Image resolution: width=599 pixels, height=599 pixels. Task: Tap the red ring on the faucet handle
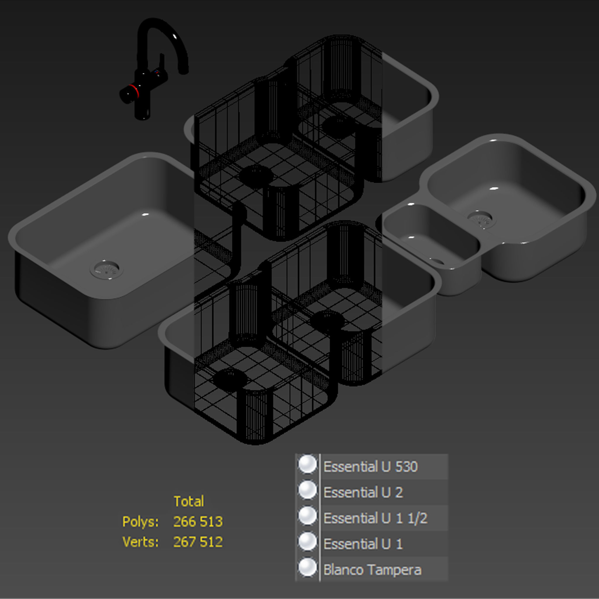click(134, 89)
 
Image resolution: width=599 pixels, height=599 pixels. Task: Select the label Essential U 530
click(371, 467)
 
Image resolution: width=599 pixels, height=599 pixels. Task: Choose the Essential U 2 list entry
click(363, 492)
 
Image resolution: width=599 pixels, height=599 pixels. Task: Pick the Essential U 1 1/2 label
click(375, 518)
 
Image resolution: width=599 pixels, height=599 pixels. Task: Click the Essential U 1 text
click(363, 544)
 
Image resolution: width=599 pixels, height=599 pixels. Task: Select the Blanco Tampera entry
click(372, 570)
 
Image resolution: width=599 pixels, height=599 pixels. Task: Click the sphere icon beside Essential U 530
click(307, 464)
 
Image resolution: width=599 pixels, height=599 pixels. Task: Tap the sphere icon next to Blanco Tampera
click(307, 568)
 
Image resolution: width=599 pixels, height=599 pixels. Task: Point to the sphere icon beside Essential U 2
click(307, 490)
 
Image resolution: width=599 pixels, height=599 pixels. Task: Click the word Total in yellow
click(189, 501)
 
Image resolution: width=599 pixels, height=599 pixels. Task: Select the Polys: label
click(140, 521)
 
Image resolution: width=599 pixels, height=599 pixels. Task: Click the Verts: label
click(140, 542)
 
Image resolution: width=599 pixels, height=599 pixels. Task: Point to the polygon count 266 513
click(198, 521)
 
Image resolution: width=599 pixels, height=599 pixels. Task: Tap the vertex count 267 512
click(198, 542)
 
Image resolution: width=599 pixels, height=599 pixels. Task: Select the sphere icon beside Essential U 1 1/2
click(307, 516)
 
